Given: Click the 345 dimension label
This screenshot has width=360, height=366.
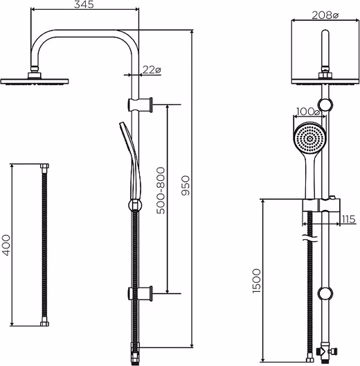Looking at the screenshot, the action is click(x=84, y=4).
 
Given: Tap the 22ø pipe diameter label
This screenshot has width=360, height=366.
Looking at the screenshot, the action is click(x=152, y=69).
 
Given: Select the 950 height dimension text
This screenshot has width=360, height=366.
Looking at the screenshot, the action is click(x=186, y=185).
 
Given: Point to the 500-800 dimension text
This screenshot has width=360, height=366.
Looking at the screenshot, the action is click(x=161, y=191).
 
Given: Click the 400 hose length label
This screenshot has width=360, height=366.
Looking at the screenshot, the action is click(x=6, y=245).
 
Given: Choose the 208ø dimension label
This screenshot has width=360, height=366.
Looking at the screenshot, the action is click(x=325, y=15).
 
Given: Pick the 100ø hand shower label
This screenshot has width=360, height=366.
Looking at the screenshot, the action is click(x=308, y=112).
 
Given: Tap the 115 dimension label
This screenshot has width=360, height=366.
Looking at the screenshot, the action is click(x=348, y=219).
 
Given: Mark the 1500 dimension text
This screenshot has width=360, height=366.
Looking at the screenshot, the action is click(x=256, y=281).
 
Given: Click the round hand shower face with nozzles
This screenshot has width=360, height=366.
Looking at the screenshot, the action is click(x=309, y=139).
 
